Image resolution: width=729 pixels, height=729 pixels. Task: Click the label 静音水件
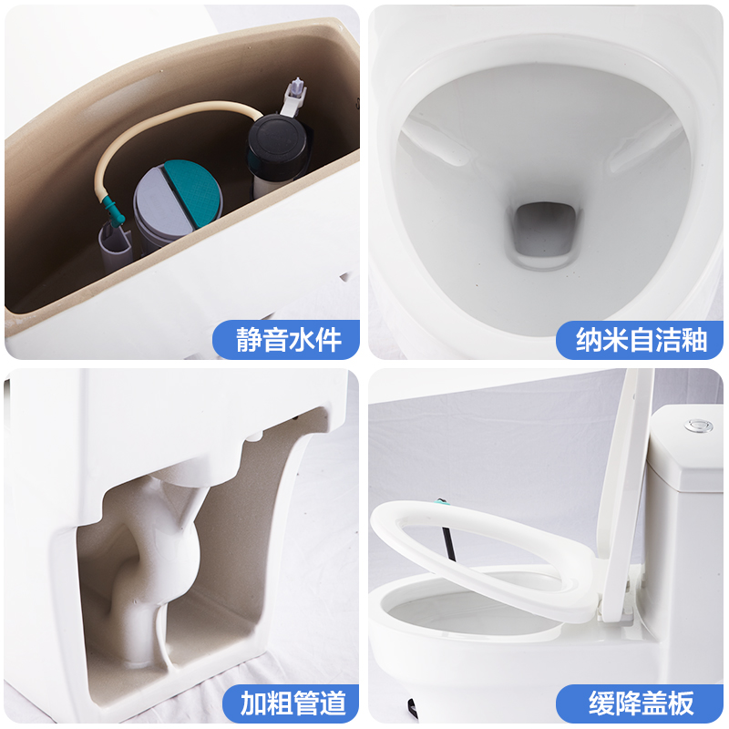[289, 340]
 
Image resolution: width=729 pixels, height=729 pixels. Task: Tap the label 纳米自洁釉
[642, 340]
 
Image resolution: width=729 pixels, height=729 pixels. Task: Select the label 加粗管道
[293, 703]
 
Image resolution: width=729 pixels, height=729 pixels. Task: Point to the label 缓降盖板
[642, 703]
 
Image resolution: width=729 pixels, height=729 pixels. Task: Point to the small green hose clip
[112, 210]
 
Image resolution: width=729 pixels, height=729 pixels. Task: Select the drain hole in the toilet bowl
[544, 231]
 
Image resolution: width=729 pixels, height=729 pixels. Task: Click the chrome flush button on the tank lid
[697, 426]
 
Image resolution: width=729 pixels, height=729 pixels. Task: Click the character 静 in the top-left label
[249, 340]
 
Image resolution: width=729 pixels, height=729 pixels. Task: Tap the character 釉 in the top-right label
[694, 340]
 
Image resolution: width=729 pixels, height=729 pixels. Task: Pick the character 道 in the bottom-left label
[334, 703]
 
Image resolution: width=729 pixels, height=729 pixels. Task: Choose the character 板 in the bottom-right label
[682, 703]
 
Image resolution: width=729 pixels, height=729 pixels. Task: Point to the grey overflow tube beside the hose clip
[114, 246]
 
